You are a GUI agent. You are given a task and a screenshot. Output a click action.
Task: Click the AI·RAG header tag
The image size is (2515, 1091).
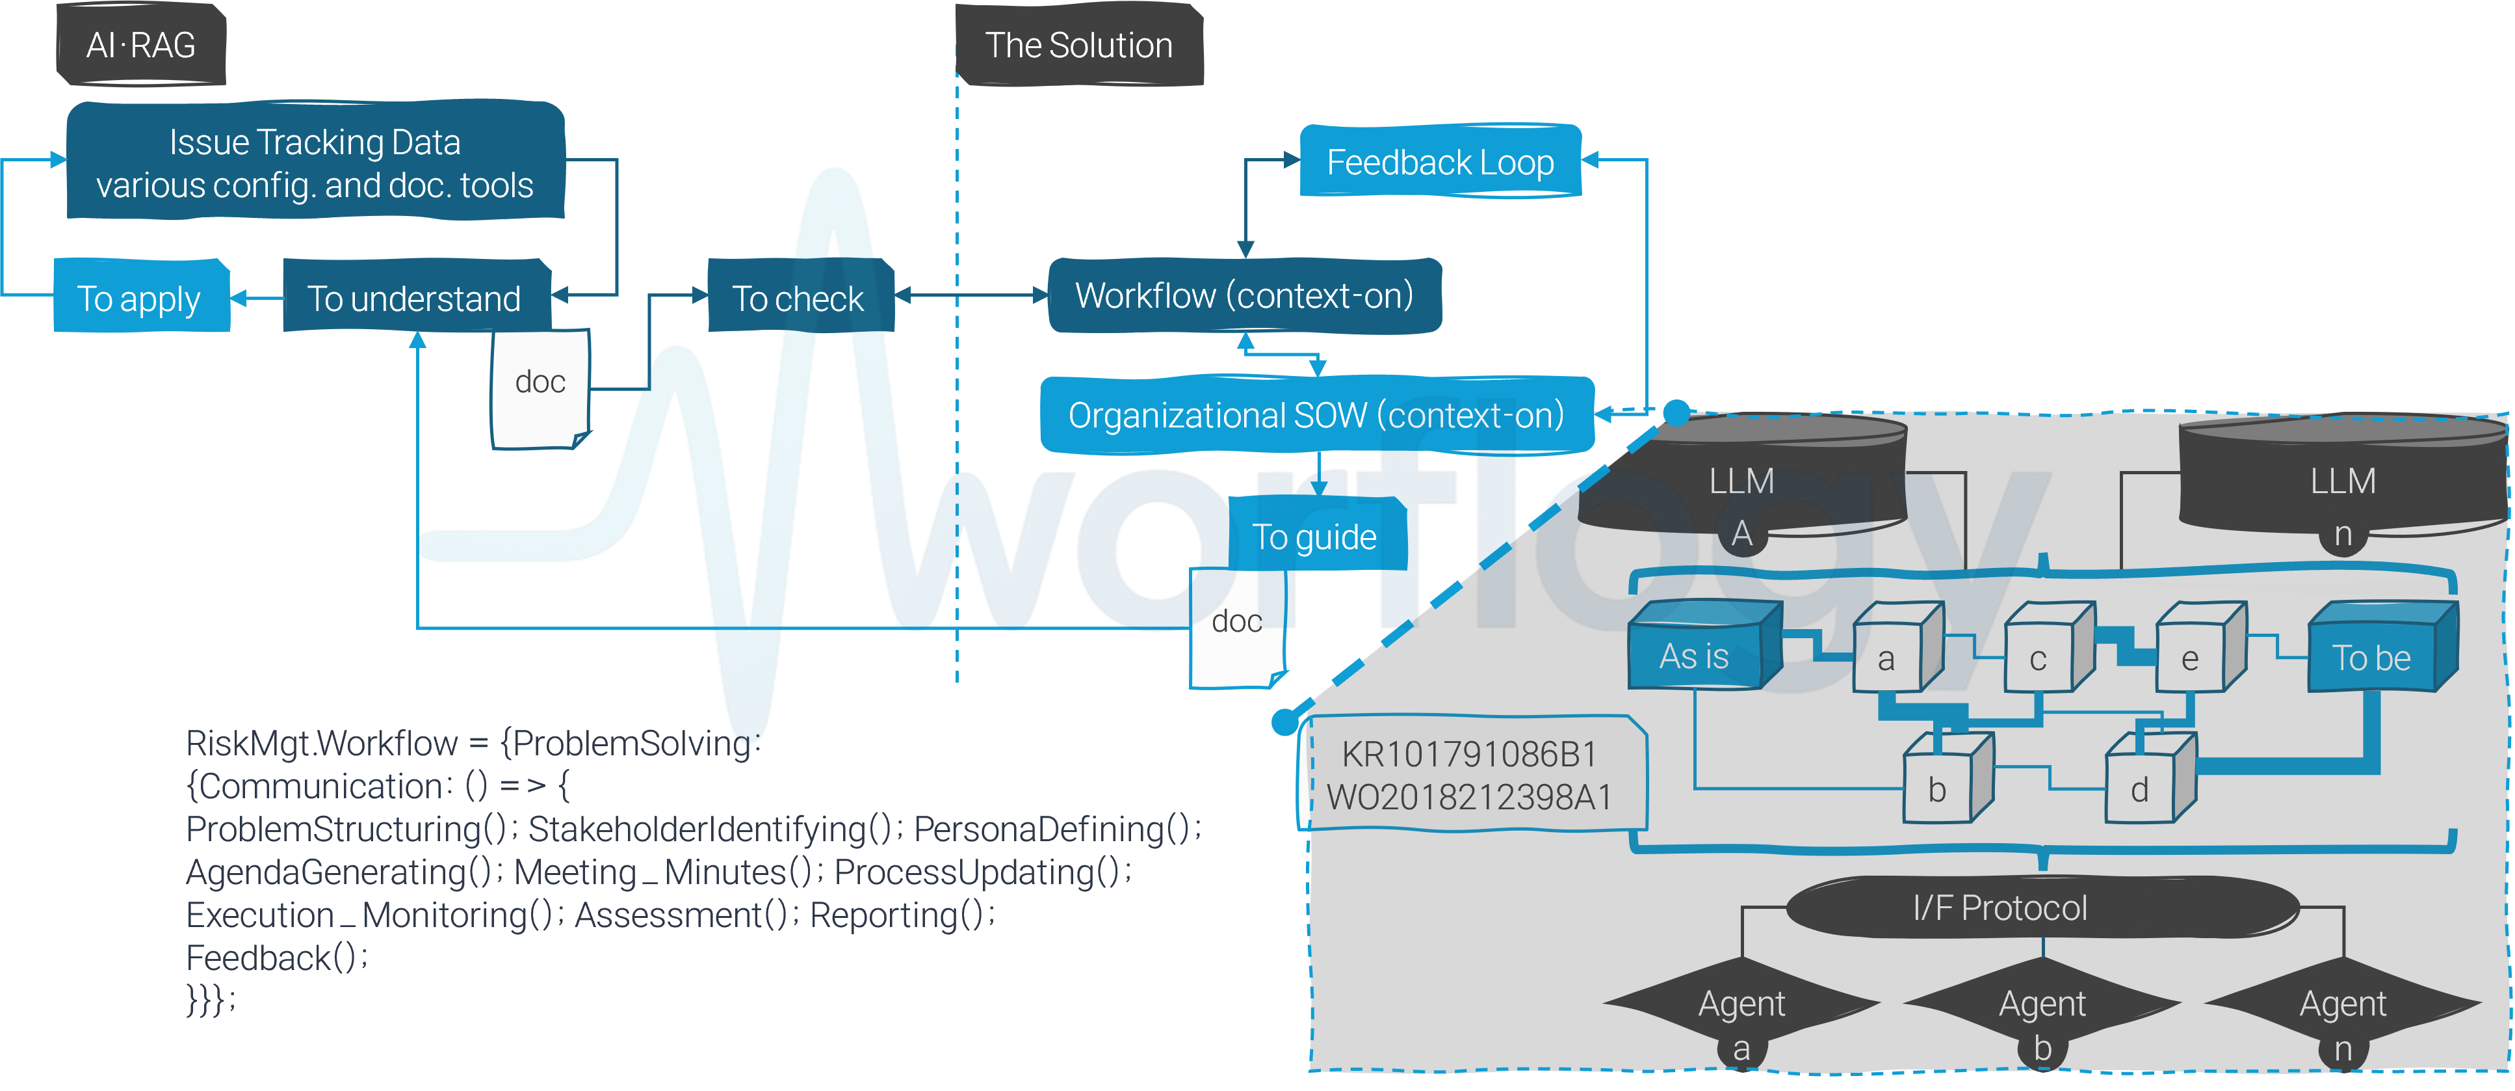pos(140,45)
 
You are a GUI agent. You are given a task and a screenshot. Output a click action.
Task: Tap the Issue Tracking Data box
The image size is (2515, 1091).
pos(315,163)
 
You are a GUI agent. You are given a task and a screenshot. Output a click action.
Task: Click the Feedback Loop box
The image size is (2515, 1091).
pos(1440,162)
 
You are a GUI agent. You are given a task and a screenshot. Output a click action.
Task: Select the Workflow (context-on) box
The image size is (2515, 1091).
pos(1244,295)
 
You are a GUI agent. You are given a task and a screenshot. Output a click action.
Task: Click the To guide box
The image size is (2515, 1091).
pos(1314,536)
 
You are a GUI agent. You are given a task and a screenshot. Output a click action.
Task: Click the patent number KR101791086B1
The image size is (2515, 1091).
pos(1468,754)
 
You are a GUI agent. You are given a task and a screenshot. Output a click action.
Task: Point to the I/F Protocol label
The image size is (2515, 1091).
pos(2000,908)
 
